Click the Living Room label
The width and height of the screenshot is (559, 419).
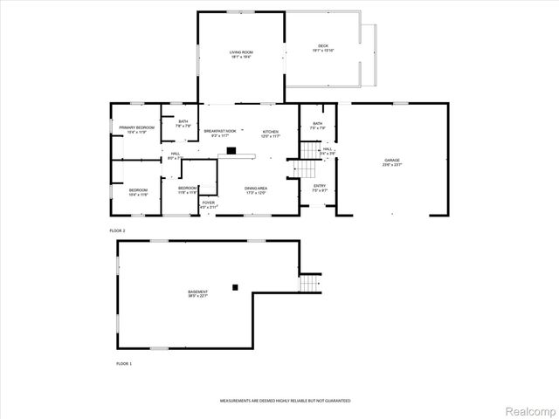pos(241,53)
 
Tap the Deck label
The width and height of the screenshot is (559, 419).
pos(323,45)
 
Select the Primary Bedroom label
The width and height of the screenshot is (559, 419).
pos(137,128)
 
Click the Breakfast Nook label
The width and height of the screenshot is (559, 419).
pos(220,132)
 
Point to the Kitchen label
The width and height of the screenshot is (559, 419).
pos(271,132)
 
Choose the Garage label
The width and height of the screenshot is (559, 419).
pos(392,161)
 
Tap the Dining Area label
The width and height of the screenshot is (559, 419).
pos(256,188)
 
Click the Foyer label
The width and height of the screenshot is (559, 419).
pos(209,203)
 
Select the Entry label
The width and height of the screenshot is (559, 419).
pos(319,186)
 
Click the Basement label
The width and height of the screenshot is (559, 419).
pos(198,292)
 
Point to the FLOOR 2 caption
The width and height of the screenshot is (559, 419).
pos(118,230)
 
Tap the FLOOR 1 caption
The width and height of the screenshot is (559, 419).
pos(124,362)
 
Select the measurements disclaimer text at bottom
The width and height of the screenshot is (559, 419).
pos(285,400)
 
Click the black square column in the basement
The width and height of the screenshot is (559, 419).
pos(235,285)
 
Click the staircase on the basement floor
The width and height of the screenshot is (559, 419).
pos(310,283)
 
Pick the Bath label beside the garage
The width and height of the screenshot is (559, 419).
pos(318,124)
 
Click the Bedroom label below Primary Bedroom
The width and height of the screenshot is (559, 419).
pos(139,190)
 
